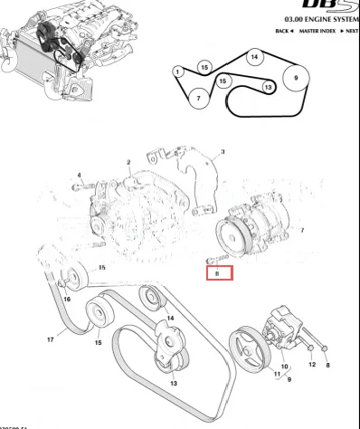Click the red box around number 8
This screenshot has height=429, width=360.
[x=219, y=272]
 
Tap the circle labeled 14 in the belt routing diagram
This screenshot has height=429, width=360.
[x=255, y=57]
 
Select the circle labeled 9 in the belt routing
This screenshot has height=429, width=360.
[x=295, y=79]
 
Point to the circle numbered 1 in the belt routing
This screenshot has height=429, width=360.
[x=178, y=72]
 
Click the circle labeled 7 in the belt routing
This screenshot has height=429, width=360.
[x=197, y=97]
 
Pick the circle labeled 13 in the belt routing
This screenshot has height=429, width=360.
[x=268, y=87]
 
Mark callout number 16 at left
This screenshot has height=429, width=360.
[x=67, y=298]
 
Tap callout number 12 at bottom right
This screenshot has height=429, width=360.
[x=313, y=365]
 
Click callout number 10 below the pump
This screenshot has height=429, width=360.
[x=285, y=367]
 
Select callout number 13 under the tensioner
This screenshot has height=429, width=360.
[x=174, y=383]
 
